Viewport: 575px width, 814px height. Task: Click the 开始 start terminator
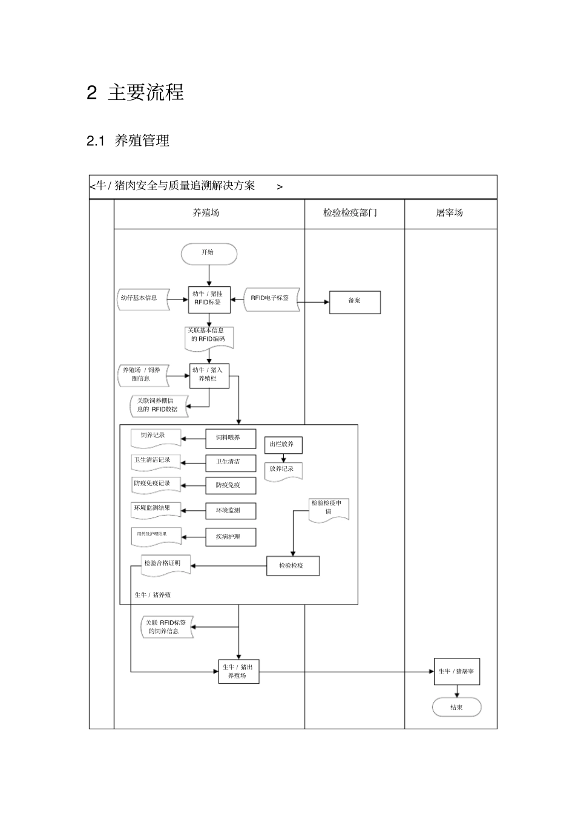209,254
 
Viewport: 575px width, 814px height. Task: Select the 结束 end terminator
456,707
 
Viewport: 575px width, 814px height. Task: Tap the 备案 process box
355,302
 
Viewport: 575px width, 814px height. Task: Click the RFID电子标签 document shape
271,299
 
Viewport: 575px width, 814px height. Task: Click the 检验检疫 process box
293,566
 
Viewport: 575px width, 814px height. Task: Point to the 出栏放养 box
283,445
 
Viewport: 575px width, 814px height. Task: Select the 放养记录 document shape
283,470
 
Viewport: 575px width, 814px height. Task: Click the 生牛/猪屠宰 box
456,672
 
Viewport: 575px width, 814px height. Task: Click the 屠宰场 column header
450,213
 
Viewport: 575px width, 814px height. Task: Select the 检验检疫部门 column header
350,213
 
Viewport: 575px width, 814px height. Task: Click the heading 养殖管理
142,140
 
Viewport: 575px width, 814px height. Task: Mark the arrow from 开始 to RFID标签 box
209,275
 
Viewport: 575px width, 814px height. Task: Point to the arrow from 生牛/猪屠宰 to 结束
456,691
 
